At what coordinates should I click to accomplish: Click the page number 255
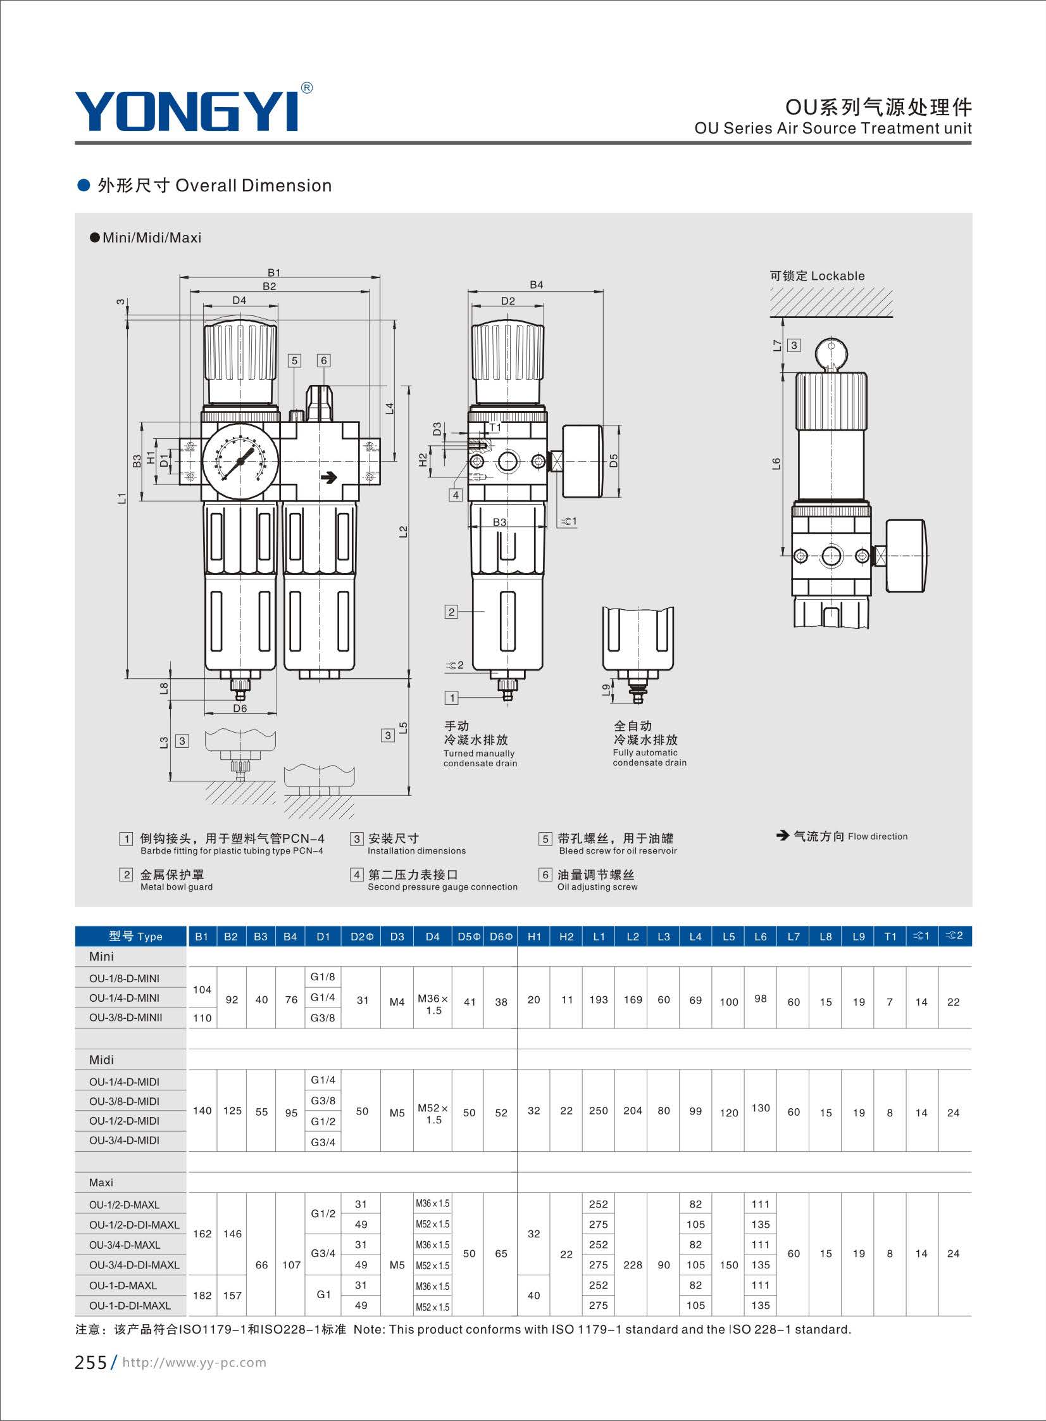click(90, 1363)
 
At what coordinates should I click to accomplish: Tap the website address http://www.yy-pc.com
click(194, 1363)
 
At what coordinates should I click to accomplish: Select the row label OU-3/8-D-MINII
click(125, 1018)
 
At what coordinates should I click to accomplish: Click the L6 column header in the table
click(761, 937)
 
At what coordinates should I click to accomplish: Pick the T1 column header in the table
click(890, 937)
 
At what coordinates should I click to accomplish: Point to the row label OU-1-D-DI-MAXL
click(130, 1306)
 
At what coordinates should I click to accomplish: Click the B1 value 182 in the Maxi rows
click(202, 1296)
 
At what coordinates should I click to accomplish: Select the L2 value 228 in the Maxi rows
click(633, 1265)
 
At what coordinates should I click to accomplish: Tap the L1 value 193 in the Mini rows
click(599, 1000)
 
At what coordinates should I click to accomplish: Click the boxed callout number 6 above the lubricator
click(323, 360)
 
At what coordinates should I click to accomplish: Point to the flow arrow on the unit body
click(329, 477)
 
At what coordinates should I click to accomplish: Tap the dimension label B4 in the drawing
click(537, 285)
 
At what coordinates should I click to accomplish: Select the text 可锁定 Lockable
click(817, 275)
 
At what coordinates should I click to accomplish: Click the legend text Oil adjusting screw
click(597, 887)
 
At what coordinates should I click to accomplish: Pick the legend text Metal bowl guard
click(177, 887)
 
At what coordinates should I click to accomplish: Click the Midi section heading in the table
click(101, 1060)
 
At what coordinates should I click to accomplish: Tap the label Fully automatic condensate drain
click(650, 758)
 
